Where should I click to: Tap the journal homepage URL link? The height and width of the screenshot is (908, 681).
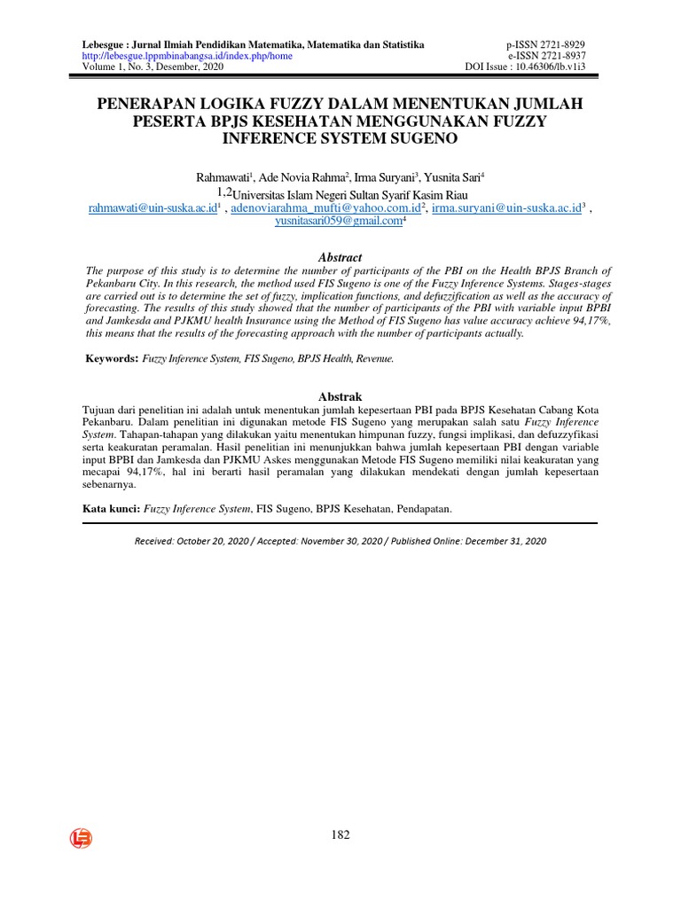click(187, 55)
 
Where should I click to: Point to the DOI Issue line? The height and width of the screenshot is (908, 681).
click(525, 67)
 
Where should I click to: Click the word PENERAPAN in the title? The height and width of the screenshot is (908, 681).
click(153, 105)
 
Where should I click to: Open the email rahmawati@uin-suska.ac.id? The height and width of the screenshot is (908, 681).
click(151, 208)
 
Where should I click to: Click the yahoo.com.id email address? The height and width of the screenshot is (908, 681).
click(325, 208)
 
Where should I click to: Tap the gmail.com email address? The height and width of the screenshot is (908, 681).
click(339, 222)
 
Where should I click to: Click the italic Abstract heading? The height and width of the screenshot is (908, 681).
click(340, 257)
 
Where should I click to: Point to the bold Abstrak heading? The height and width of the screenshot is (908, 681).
click(340, 396)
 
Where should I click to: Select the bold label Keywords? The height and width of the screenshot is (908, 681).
click(112, 358)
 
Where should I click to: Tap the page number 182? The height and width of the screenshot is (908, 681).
click(340, 834)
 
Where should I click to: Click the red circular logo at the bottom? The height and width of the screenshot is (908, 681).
click(82, 838)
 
